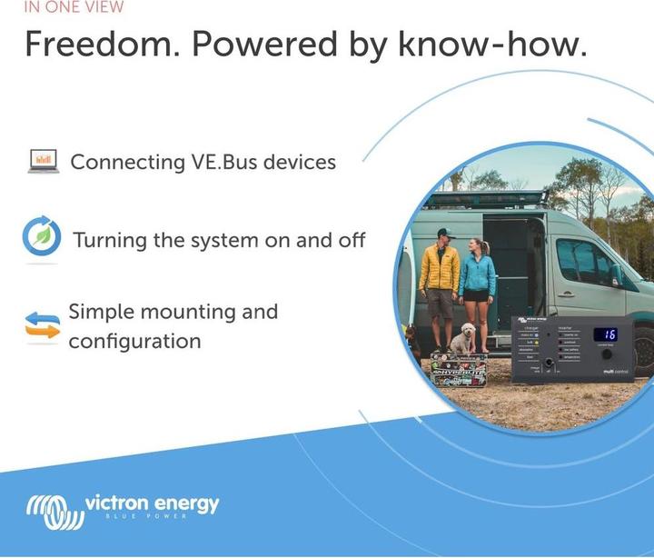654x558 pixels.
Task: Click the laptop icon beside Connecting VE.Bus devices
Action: point(43,163)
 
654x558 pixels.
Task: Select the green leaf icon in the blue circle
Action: point(42,239)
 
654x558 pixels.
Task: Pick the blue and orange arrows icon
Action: point(42,325)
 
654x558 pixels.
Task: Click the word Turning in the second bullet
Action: point(107,241)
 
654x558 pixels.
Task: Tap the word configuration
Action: point(134,342)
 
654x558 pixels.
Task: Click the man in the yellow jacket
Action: point(440,283)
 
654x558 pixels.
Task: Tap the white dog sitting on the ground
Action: point(463,339)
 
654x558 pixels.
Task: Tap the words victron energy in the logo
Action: point(152,503)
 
